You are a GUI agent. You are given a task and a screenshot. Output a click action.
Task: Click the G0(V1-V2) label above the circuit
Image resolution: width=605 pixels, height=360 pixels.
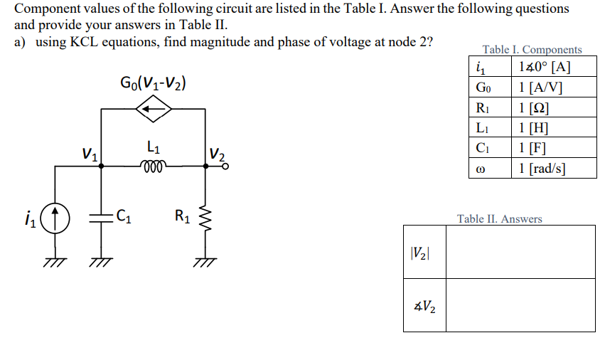pyautogui.click(x=154, y=83)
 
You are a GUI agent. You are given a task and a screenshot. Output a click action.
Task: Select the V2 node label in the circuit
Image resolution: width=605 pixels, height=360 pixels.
pyautogui.click(x=219, y=154)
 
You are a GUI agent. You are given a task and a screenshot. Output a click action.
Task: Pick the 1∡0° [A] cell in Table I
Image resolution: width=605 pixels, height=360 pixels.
pyautogui.click(x=552, y=68)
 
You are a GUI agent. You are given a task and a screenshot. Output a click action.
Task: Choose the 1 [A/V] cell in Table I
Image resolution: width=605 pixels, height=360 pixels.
pyautogui.click(x=552, y=88)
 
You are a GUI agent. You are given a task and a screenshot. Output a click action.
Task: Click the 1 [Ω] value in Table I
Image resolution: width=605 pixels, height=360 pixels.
pyautogui.click(x=552, y=108)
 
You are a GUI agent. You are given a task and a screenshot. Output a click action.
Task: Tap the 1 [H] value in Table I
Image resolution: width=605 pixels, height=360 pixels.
pyautogui.click(x=552, y=128)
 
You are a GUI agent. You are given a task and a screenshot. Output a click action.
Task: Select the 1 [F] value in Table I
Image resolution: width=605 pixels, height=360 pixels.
pyautogui.click(x=552, y=148)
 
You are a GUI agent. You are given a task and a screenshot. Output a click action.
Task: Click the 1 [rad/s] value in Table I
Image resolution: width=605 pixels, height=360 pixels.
pyautogui.click(x=552, y=168)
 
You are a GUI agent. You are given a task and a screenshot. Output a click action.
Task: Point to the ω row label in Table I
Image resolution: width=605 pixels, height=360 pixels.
pyautogui.click(x=481, y=168)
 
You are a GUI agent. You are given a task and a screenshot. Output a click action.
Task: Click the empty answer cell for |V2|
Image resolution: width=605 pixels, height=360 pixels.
pyautogui.click(x=520, y=252)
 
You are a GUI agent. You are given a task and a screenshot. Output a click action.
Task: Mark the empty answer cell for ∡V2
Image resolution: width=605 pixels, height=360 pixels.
pyautogui.click(x=520, y=305)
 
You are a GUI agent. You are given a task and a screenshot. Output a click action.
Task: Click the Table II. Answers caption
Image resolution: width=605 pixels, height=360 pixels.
pyautogui.click(x=499, y=219)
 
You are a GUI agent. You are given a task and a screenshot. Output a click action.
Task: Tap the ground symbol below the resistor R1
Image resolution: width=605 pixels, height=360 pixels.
pyautogui.click(x=207, y=261)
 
